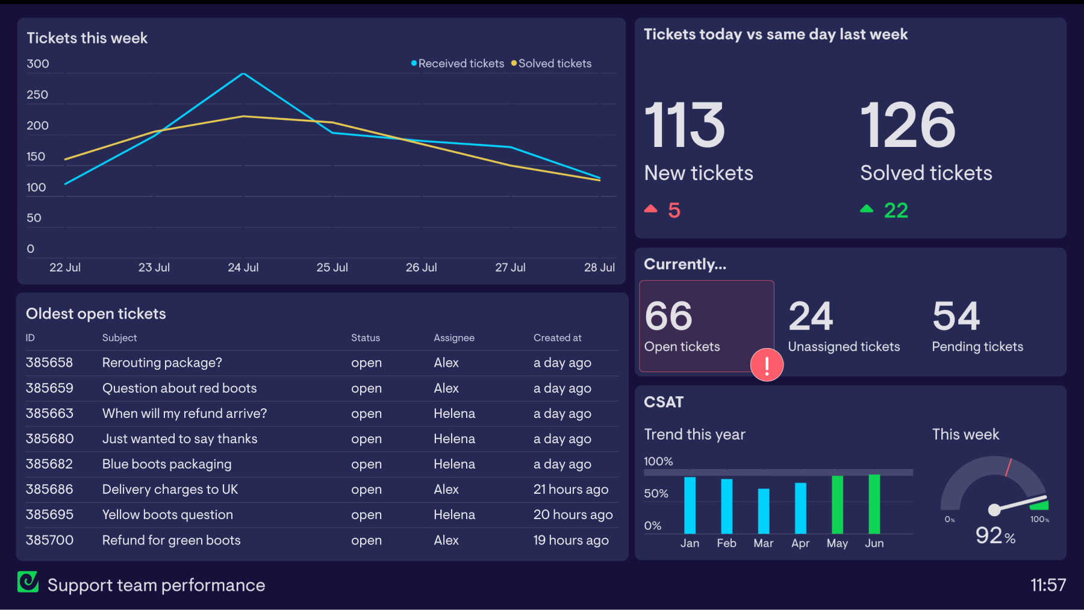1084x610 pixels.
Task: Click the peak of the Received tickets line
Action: point(243,74)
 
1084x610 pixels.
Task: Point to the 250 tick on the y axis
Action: point(37,95)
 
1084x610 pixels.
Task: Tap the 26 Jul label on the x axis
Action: point(421,267)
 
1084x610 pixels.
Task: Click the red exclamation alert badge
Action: point(767,365)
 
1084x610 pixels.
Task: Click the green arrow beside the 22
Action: point(867,209)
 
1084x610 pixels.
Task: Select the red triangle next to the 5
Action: point(650,209)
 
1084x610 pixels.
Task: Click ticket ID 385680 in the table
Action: point(49,439)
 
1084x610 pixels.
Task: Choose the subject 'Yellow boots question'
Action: point(167,515)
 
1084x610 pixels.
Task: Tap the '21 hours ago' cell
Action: point(571,490)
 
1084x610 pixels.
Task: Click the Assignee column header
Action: point(454,338)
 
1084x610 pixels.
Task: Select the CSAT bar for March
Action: point(764,511)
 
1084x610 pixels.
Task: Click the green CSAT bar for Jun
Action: point(874,504)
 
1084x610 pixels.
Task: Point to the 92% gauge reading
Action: point(995,535)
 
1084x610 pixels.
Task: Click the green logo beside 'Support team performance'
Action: point(28,582)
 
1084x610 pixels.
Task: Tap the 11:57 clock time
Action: point(1048,585)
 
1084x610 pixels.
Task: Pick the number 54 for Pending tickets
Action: point(956,316)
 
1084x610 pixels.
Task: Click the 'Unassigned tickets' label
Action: point(844,347)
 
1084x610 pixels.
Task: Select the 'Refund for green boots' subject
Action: point(171,540)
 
